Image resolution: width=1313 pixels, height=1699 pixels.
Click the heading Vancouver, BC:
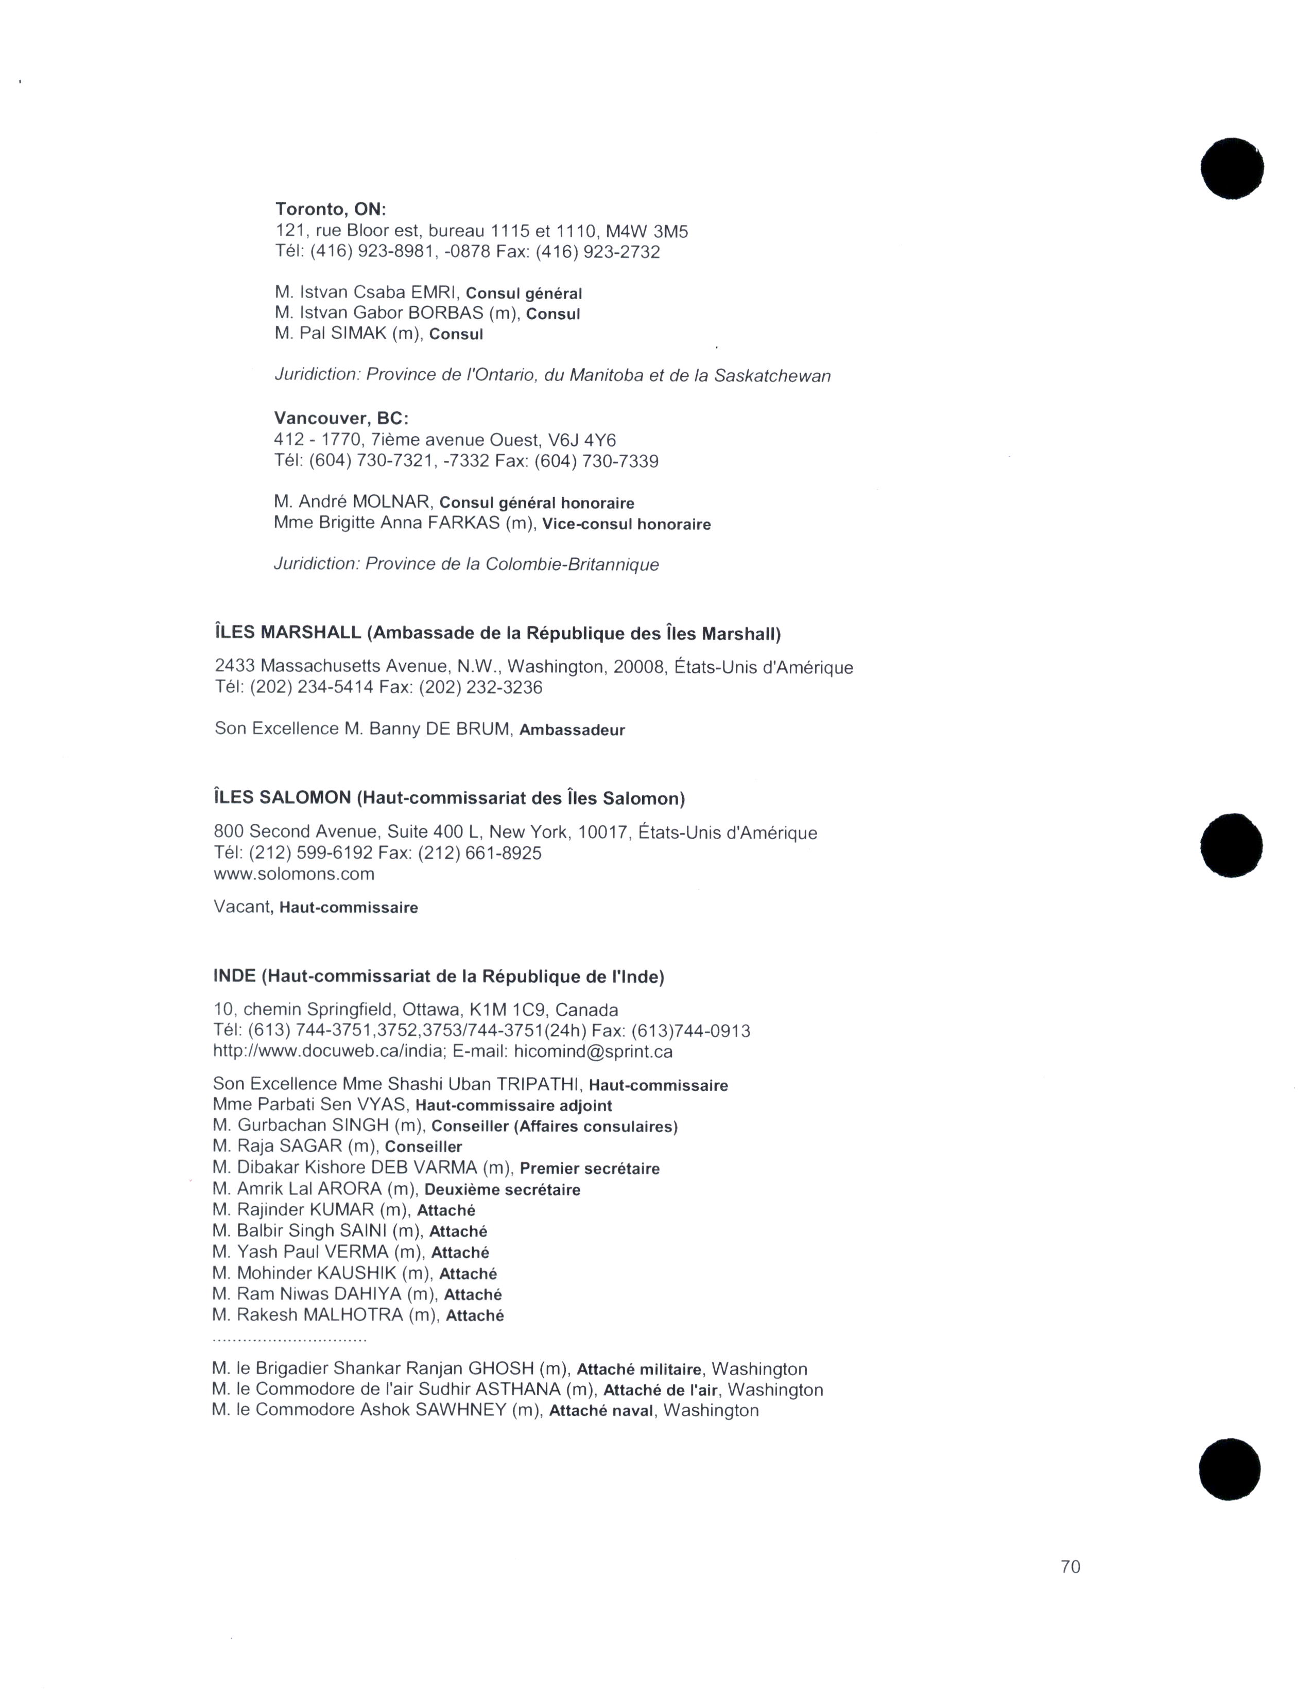[341, 419]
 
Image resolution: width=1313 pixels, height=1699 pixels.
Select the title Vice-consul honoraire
[626, 524]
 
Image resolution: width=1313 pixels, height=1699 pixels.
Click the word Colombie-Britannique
[572, 565]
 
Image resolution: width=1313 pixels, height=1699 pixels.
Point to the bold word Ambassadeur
[572, 731]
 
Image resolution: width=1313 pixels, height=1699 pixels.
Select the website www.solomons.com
[294, 874]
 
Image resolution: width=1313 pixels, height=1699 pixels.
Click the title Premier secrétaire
[589, 1169]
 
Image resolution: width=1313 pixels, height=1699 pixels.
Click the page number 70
[1070, 1567]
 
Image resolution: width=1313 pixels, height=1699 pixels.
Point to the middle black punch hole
[1231, 845]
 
